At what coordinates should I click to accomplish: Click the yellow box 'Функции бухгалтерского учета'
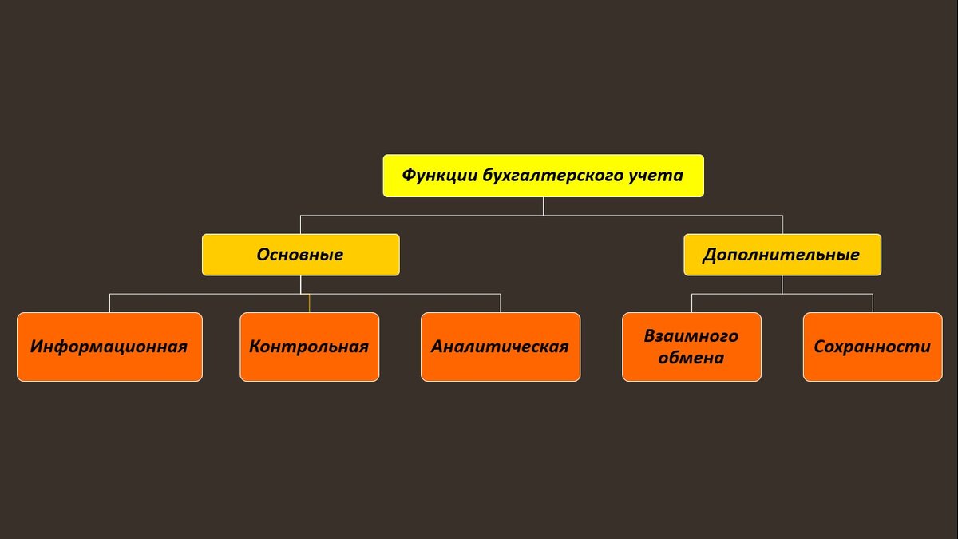pyautogui.click(x=543, y=176)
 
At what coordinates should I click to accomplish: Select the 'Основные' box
pyautogui.click(x=300, y=255)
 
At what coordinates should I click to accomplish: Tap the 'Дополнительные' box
pyautogui.click(x=782, y=255)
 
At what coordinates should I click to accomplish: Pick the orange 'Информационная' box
pyautogui.click(x=109, y=347)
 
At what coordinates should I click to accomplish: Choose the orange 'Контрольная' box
pyautogui.click(x=309, y=347)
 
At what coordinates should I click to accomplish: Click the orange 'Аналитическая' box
pyautogui.click(x=501, y=347)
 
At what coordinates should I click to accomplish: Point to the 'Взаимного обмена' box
pyautogui.click(x=691, y=347)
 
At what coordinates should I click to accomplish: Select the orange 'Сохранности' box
pyautogui.click(x=873, y=347)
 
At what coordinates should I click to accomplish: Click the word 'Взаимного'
pyautogui.click(x=691, y=336)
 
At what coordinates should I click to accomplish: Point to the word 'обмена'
pyautogui.click(x=691, y=358)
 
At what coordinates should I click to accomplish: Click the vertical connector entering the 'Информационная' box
pyautogui.click(x=109, y=303)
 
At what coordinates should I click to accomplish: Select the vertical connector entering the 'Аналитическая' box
pyautogui.click(x=501, y=303)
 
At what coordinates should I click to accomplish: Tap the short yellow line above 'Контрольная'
pyautogui.click(x=309, y=303)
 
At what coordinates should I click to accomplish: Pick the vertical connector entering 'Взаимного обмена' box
pyautogui.click(x=691, y=303)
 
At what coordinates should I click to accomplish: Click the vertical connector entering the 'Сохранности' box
pyautogui.click(x=873, y=303)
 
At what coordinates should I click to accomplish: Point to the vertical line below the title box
pyautogui.click(x=543, y=206)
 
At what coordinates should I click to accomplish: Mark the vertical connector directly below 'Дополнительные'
pyautogui.click(x=782, y=285)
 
